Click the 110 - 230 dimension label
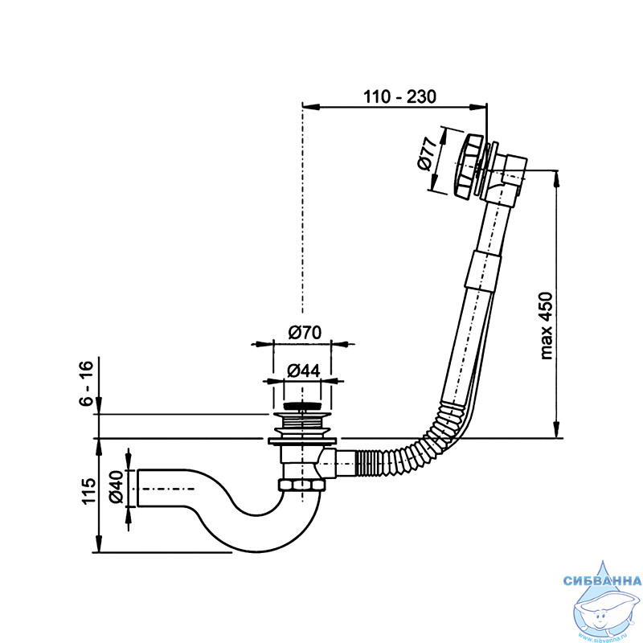click(399, 96)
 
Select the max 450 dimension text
click(546, 326)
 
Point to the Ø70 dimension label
click(305, 332)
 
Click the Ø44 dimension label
click(304, 371)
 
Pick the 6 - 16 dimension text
click(87, 384)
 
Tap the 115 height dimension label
click(88, 491)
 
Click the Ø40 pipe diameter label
click(116, 487)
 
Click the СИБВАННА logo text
click(602, 580)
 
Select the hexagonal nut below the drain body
click(302, 485)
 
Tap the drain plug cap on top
click(302, 407)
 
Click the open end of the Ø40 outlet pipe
click(137, 488)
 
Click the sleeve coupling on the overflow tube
click(484, 272)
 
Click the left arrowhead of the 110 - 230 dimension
click(310, 107)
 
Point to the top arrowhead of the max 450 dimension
click(556, 178)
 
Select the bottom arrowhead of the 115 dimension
click(98, 544)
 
